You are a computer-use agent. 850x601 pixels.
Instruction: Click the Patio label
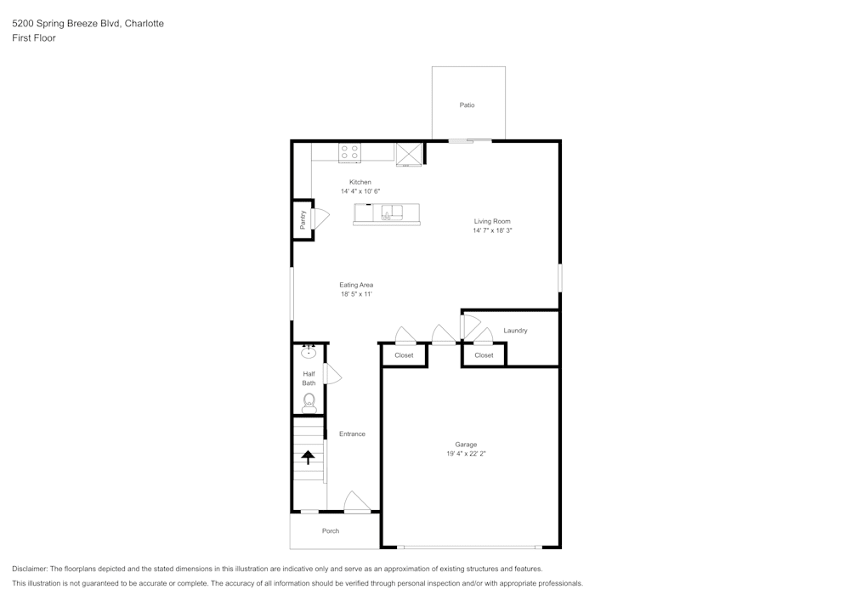tap(467, 105)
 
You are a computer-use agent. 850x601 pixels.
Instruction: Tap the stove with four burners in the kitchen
tap(349, 153)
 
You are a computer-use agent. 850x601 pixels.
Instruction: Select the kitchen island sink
tap(392, 212)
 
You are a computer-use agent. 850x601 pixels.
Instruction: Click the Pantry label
tap(303, 220)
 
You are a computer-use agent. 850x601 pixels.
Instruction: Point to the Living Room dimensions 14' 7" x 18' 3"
tap(492, 230)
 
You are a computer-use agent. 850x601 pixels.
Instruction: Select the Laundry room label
tap(515, 331)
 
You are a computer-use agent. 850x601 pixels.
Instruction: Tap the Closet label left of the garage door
tap(404, 355)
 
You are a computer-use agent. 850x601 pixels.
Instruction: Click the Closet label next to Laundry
tap(484, 355)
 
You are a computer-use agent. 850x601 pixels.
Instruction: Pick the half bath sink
tap(309, 353)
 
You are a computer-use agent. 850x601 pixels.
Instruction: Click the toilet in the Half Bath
tap(309, 401)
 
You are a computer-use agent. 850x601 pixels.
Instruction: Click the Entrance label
tap(352, 434)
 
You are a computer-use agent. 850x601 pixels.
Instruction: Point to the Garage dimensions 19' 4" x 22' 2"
tap(466, 454)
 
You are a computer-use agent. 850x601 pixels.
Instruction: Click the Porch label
tap(331, 531)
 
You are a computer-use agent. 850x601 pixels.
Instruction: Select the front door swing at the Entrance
tap(356, 502)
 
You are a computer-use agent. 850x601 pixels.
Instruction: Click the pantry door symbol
tap(320, 218)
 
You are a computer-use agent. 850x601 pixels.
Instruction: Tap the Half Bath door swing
tap(332, 374)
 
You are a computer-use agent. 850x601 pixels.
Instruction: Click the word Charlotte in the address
tap(144, 24)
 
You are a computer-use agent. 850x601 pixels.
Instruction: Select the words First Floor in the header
tap(34, 38)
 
